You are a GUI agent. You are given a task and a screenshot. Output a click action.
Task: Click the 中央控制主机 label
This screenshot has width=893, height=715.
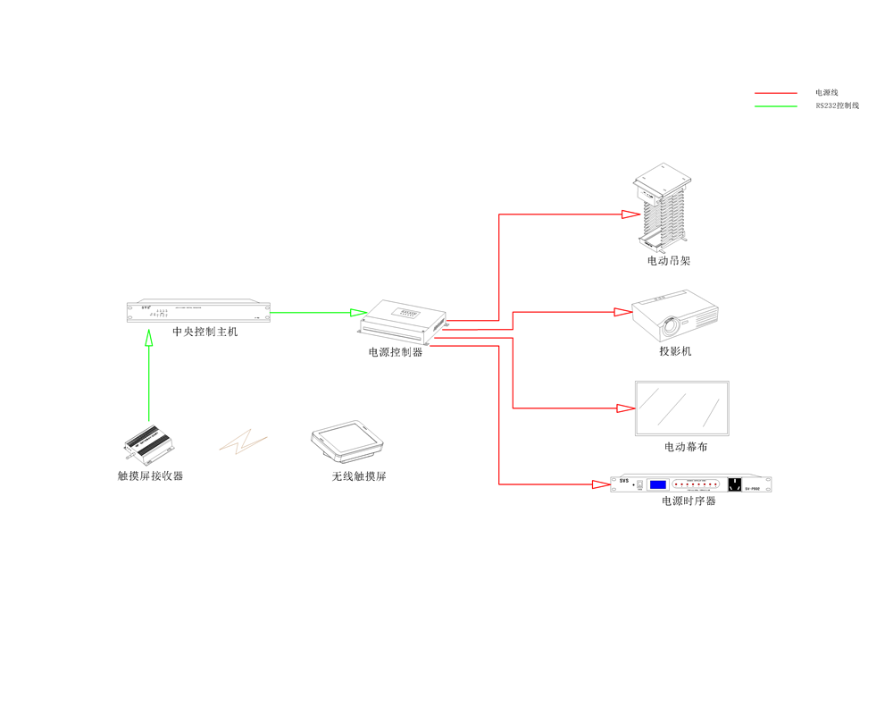(205, 332)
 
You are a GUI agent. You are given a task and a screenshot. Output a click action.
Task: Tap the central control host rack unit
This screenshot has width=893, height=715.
(197, 312)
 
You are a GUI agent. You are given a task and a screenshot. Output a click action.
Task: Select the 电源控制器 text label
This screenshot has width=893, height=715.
(396, 352)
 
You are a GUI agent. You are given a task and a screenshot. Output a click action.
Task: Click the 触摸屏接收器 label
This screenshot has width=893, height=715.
(150, 476)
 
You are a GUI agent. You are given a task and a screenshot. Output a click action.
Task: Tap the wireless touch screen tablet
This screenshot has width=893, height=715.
(346, 440)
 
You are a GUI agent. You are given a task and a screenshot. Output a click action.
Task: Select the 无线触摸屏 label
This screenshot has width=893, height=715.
(359, 476)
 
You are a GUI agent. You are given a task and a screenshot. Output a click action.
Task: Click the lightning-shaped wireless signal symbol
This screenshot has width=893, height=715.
(244, 442)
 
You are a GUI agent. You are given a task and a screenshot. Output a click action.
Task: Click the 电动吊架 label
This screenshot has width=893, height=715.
(669, 261)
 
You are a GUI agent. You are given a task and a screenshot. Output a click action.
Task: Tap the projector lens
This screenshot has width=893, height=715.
(670, 325)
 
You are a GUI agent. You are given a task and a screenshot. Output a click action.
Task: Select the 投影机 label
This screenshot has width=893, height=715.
(675, 351)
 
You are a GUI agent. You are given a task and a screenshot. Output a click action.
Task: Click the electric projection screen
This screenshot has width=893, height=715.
(682, 408)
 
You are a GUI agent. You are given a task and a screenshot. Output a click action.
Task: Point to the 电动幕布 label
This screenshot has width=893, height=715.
(685, 447)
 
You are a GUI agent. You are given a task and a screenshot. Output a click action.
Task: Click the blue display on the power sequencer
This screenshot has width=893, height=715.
(658, 484)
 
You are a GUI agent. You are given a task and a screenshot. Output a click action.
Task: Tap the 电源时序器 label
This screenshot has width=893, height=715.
(689, 501)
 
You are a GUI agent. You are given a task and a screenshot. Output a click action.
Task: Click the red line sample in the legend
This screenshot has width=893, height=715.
(775, 93)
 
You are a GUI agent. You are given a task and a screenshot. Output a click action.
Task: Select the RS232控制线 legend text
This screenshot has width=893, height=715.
(837, 106)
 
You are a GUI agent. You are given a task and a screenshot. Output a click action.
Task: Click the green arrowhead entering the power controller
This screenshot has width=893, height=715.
(358, 313)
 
